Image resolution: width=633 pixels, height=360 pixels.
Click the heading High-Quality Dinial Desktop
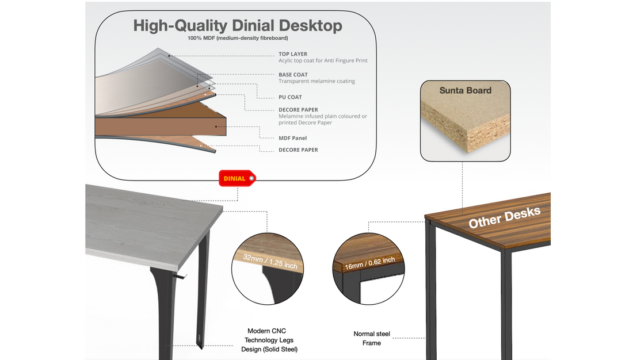(x=238, y=26)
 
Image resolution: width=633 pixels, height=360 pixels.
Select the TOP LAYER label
(x=293, y=54)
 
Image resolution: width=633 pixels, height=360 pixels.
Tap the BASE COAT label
(x=293, y=75)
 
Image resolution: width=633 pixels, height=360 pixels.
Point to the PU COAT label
(x=290, y=97)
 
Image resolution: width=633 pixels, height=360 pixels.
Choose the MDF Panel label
(x=293, y=138)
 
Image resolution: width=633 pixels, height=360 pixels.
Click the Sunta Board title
(x=465, y=90)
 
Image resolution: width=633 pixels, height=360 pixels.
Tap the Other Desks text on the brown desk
(x=504, y=217)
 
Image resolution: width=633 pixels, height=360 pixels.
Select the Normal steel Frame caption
(x=371, y=338)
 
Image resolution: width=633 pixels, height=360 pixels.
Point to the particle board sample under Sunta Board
(x=466, y=127)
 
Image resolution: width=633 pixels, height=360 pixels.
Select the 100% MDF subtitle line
(x=238, y=38)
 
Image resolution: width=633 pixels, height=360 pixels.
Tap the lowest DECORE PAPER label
(x=298, y=150)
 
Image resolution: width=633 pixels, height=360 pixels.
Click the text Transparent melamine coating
(x=316, y=82)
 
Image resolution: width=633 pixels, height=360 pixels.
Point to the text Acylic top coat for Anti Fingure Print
(x=323, y=60)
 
